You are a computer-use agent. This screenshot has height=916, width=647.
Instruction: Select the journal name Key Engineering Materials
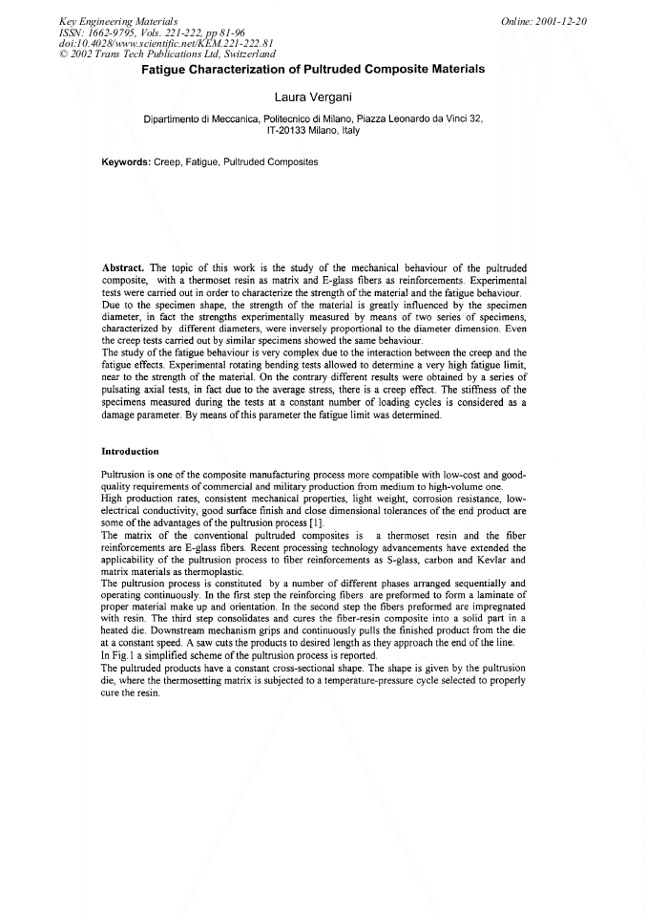tap(118, 21)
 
